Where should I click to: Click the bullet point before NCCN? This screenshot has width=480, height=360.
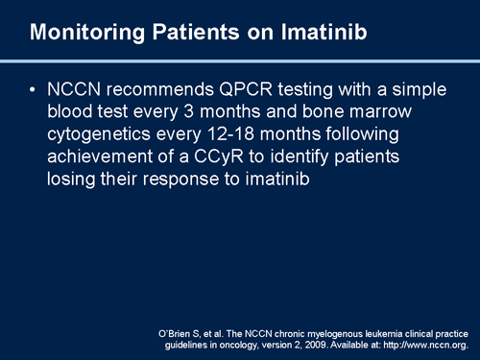point(35,89)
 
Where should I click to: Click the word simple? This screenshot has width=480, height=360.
point(415,89)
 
